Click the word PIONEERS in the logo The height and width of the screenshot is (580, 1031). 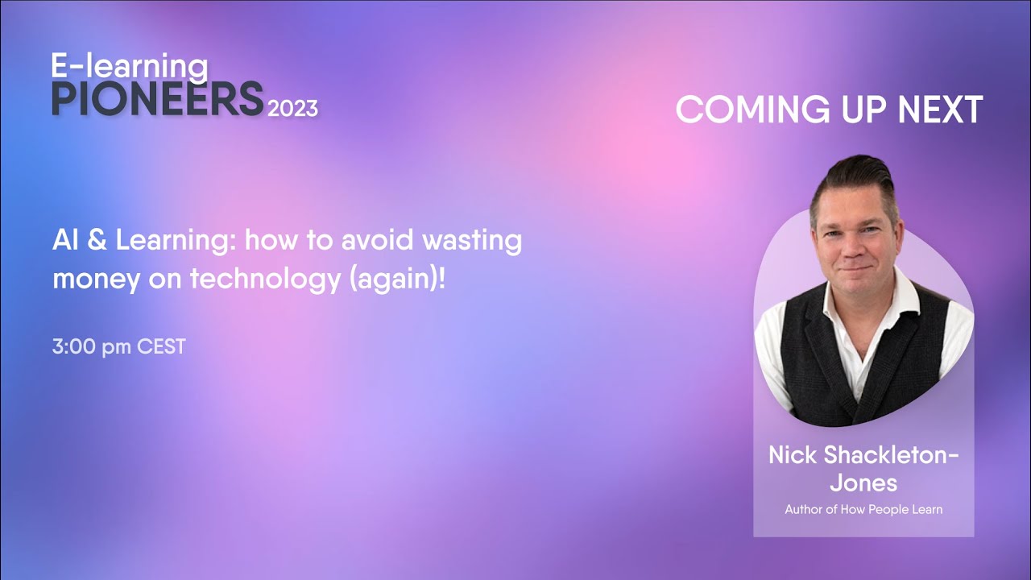click(x=157, y=99)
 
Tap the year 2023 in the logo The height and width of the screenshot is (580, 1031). click(x=292, y=108)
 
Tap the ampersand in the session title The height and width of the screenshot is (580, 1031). click(x=95, y=239)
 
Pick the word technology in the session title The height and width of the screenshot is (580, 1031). click(x=267, y=279)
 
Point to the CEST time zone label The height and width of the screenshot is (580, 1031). click(x=161, y=347)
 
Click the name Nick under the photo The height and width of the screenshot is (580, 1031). click(x=793, y=455)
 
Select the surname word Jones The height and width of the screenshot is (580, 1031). click(x=863, y=483)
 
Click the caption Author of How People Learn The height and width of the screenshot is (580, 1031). click(x=863, y=509)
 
